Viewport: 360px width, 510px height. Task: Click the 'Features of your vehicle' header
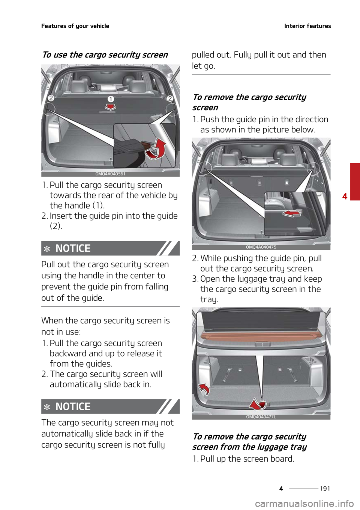(75, 26)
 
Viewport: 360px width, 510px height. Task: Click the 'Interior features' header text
(307, 26)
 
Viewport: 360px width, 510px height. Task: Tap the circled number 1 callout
(111, 99)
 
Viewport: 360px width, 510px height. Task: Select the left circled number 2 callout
(51, 98)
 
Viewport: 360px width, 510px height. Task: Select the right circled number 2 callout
(169, 98)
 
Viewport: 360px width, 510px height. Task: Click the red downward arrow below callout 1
(110, 108)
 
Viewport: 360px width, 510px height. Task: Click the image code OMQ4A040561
(110, 174)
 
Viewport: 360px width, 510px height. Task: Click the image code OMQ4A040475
(261, 247)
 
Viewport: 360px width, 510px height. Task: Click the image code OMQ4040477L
(261, 417)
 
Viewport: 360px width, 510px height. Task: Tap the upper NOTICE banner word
(73, 248)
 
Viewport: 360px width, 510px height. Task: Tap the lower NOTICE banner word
(73, 406)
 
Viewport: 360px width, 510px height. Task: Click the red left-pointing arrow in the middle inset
(292, 213)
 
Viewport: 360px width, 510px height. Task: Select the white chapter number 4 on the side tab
(345, 196)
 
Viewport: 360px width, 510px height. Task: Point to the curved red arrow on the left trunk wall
(204, 389)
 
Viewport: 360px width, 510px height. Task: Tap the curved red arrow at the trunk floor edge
(258, 403)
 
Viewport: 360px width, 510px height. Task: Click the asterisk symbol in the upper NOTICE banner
(47, 249)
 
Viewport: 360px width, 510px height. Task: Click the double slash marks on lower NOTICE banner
(167, 406)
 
